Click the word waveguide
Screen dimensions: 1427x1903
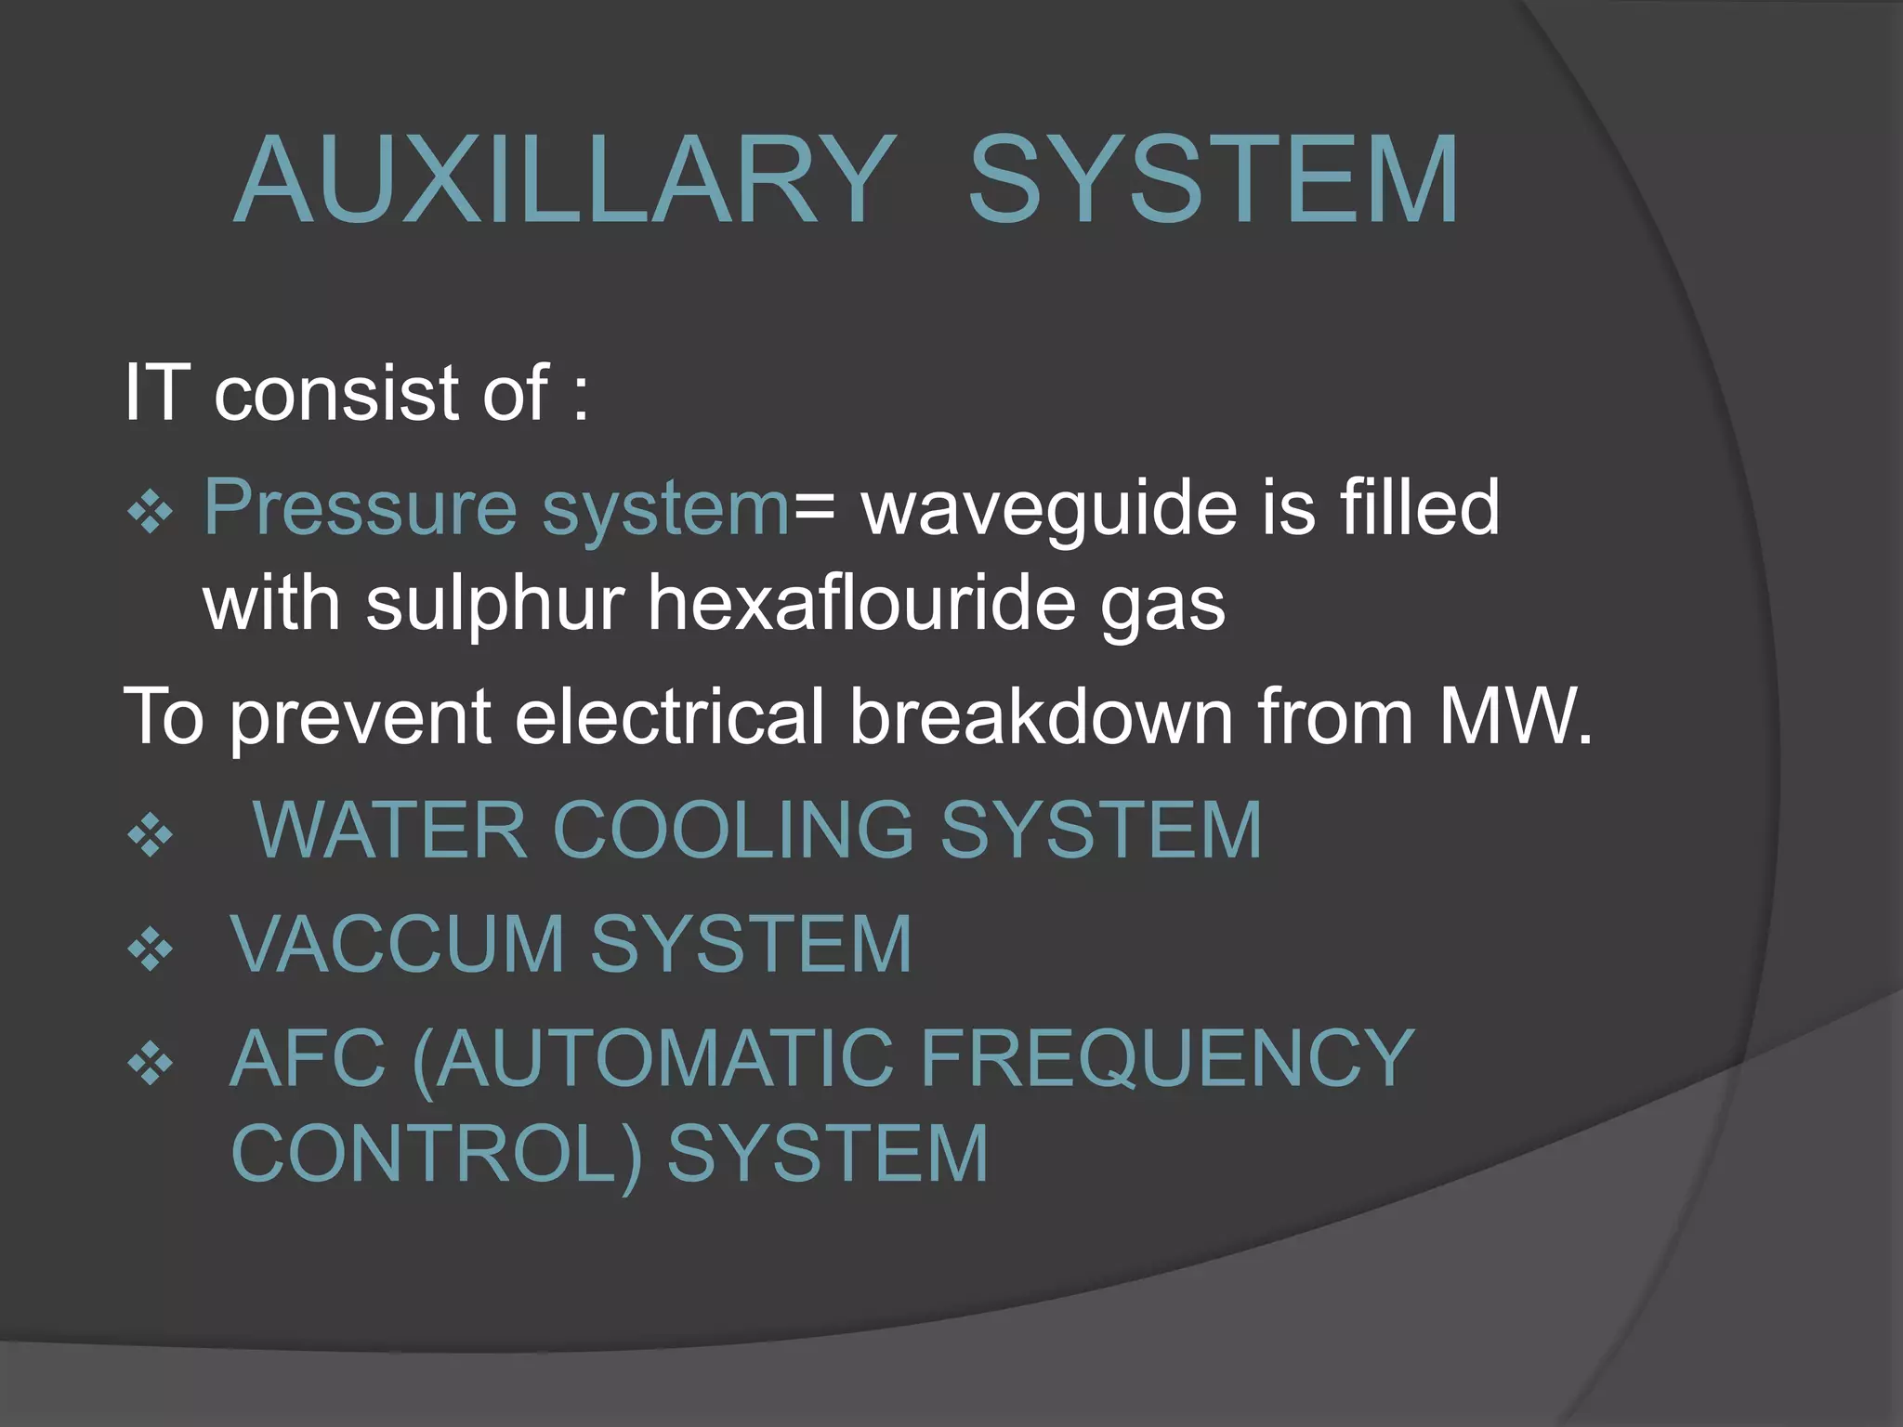(x=1049, y=508)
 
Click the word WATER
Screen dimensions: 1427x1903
(x=390, y=830)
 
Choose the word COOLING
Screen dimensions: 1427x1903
(x=734, y=830)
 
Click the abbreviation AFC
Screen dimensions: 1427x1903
(x=308, y=1058)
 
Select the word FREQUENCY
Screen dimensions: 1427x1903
(x=1166, y=1058)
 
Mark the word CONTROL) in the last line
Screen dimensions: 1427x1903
(x=437, y=1155)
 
